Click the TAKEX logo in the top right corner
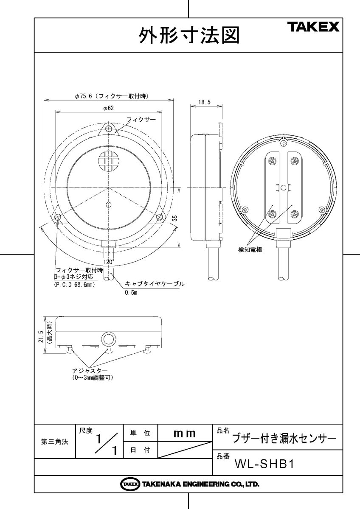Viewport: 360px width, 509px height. pos(315,28)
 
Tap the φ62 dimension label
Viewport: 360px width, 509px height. pos(108,108)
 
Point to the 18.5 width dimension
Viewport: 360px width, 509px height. pos(204,103)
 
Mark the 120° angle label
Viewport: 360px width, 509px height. pos(109,262)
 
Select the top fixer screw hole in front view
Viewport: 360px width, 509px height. pos(109,129)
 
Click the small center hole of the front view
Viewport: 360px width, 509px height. pos(109,204)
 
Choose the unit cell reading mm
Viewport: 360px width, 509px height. pos(185,433)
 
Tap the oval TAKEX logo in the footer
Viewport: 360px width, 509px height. pos(130,484)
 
